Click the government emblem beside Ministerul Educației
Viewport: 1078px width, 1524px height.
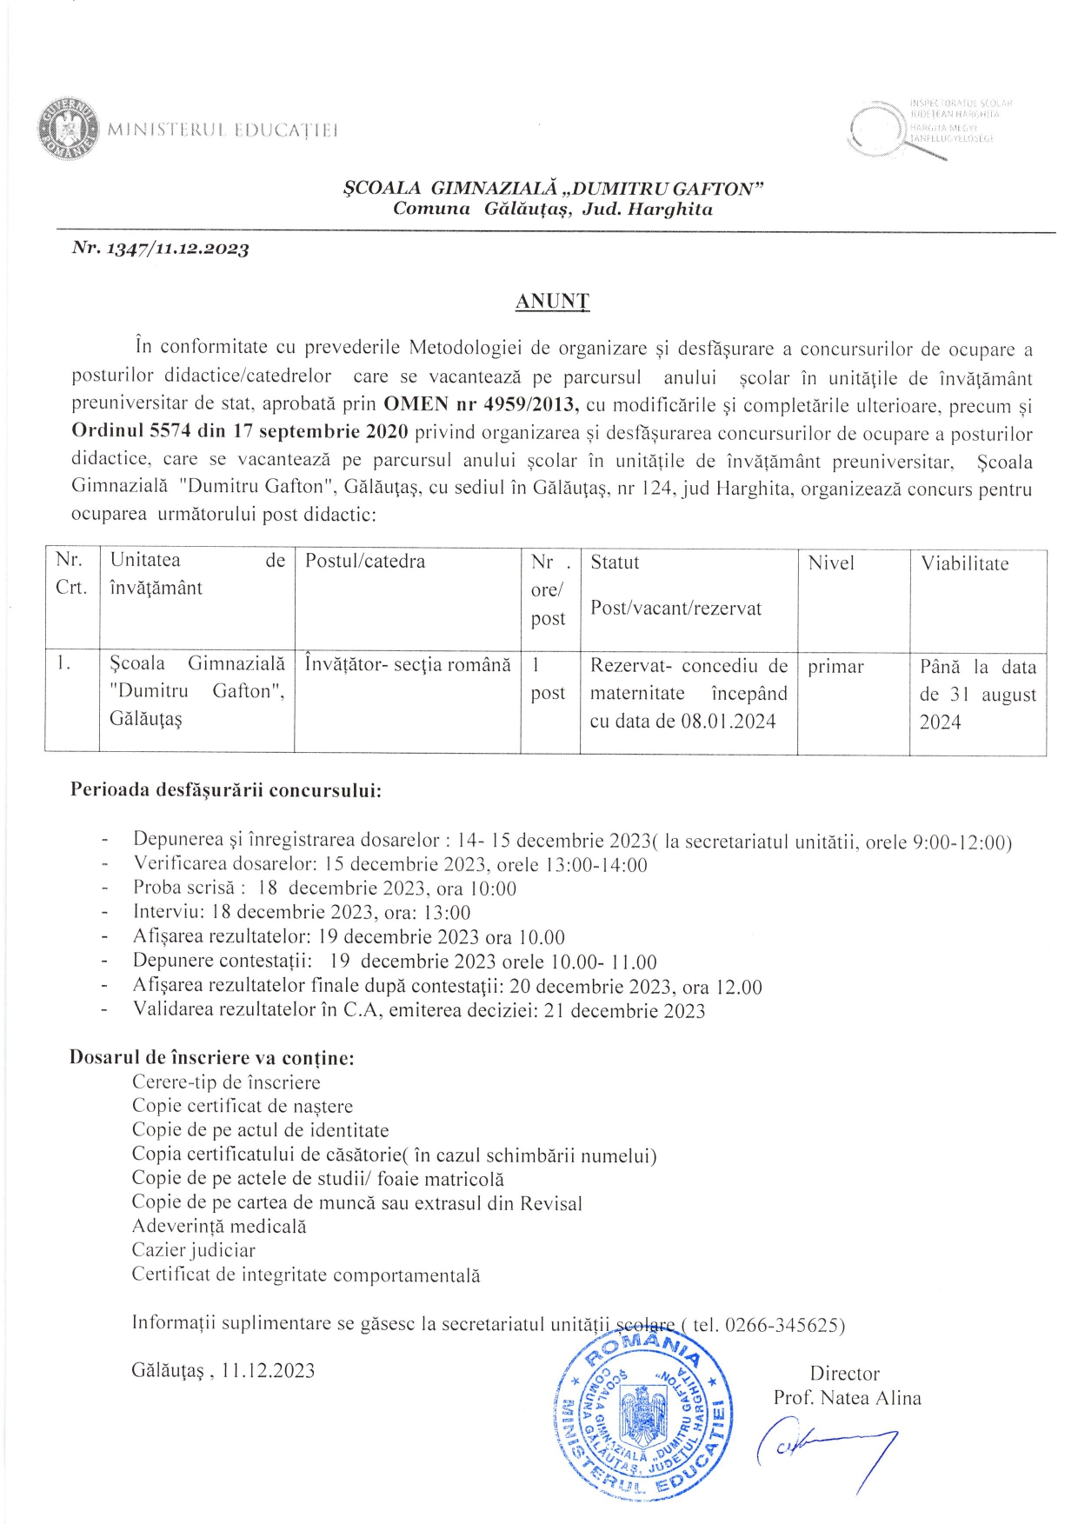[x=69, y=130]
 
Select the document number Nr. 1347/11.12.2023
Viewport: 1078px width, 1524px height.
[x=161, y=249]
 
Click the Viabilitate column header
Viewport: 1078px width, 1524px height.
[x=964, y=563]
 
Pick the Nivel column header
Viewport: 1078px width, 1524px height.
[x=831, y=563]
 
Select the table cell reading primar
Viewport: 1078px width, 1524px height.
[x=835, y=667]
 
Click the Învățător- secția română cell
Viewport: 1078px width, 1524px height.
[x=408, y=665]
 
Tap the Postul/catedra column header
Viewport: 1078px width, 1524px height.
[x=365, y=562]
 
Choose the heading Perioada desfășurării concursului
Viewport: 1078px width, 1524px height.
[x=226, y=790]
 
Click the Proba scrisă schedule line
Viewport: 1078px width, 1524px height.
[x=324, y=888]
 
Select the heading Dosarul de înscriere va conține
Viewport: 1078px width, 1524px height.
[x=211, y=1058]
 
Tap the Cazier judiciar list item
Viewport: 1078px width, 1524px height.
[x=194, y=1250]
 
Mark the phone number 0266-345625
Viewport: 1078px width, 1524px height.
[x=782, y=1325]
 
